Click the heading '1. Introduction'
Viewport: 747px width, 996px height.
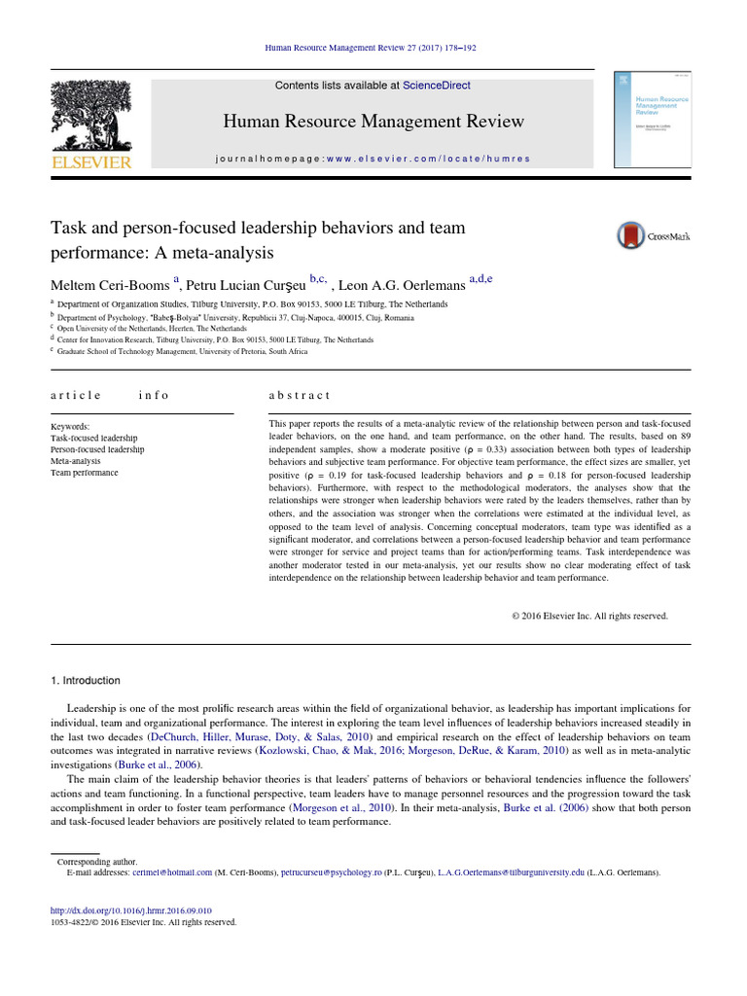coord(88,681)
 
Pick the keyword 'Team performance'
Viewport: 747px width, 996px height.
coord(84,473)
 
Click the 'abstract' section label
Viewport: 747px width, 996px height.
coord(300,395)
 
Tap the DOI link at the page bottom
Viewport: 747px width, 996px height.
coord(130,911)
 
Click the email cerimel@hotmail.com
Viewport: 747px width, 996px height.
coord(173,872)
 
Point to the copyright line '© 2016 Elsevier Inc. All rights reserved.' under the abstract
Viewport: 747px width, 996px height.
coord(589,616)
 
